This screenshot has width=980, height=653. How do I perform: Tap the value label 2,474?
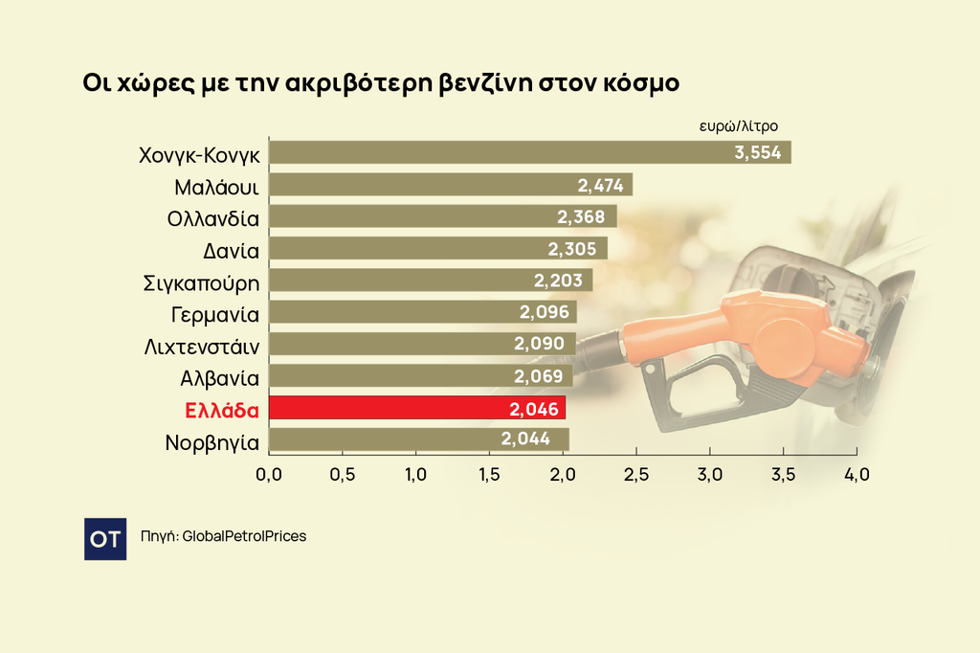tap(601, 185)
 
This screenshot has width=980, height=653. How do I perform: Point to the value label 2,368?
tap(581, 216)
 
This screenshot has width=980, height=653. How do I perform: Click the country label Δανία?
tap(232, 249)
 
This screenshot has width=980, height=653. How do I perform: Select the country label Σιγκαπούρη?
tap(201, 281)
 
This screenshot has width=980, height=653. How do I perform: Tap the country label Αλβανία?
tap(220, 376)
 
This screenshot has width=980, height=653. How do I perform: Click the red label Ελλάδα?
tap(222, 409)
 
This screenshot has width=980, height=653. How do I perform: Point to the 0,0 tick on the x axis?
tap(269, 474)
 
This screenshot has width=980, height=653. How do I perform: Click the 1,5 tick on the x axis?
tap(489, 474)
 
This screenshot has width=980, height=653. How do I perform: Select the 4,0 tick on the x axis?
tap(856, 474)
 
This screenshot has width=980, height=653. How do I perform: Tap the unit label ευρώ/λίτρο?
tap(738, 125)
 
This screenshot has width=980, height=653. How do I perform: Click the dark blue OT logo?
tap(105, 539)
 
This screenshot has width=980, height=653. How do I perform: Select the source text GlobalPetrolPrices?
tap(244, 536)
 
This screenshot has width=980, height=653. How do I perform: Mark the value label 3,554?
tap(758, 152)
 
